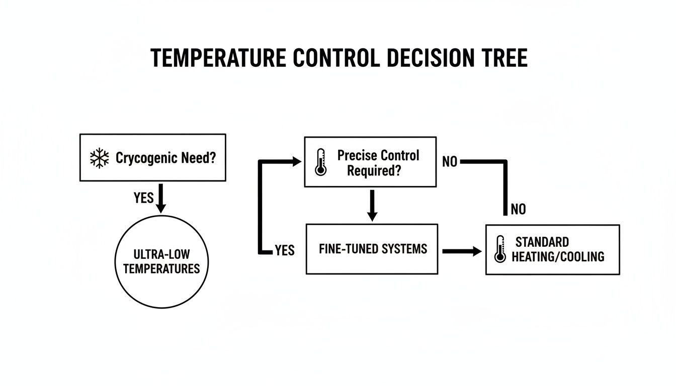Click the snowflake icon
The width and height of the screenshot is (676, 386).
(x=99, y=158)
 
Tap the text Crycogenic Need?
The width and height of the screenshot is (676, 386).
(x=165, y=158)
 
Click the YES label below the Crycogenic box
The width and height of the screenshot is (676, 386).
(x=143, y=198)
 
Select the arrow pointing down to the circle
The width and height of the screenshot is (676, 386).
(x=160, y=198)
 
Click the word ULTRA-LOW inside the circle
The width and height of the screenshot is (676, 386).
(x=161, y=254)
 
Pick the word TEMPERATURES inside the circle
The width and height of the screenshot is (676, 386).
(x=161, y=268)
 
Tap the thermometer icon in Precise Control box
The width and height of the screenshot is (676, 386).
(x=320, y=162)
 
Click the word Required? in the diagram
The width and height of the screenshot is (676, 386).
(x=374, y=170)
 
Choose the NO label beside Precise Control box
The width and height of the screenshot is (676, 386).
(x=450, y=162)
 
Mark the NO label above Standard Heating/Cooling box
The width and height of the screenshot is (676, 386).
(x=518, y=209)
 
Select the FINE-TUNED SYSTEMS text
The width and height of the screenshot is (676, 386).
(x=373, y=249)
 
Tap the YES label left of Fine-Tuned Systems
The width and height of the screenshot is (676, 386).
(x=285, y=250)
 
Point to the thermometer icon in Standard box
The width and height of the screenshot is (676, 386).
(x=499, y=249)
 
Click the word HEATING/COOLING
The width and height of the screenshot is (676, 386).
(x=558, y=257)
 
